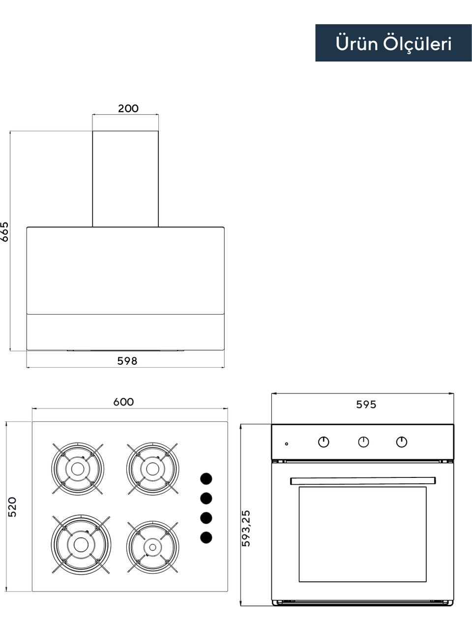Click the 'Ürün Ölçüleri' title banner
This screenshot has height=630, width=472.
(393, 43)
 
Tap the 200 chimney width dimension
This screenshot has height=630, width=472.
(128, 108)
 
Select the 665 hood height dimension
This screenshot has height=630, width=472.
(4, 232)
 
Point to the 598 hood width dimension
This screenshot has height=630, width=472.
(127, 361)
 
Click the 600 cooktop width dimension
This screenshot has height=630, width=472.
(123, 402)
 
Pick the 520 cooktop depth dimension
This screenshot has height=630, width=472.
(12, 507)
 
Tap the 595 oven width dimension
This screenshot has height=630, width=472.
(366, 405)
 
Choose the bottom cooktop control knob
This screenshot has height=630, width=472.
(206, 537)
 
